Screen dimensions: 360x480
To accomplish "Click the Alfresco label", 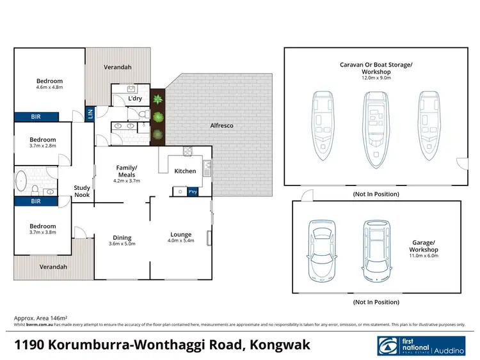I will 221,126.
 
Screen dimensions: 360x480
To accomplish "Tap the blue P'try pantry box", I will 193,191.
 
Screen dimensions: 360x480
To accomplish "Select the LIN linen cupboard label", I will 90,115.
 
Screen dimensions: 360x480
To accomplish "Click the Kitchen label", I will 185,171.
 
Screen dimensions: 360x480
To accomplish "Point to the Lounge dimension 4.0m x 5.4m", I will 181,241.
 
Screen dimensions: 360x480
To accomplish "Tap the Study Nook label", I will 82,191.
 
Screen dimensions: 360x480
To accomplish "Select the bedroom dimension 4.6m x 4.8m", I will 49,88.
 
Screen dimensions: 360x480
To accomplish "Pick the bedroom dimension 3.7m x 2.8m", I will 43,146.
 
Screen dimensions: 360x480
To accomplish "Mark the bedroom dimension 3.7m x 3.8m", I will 43,233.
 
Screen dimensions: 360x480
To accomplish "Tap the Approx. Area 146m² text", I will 41,318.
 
